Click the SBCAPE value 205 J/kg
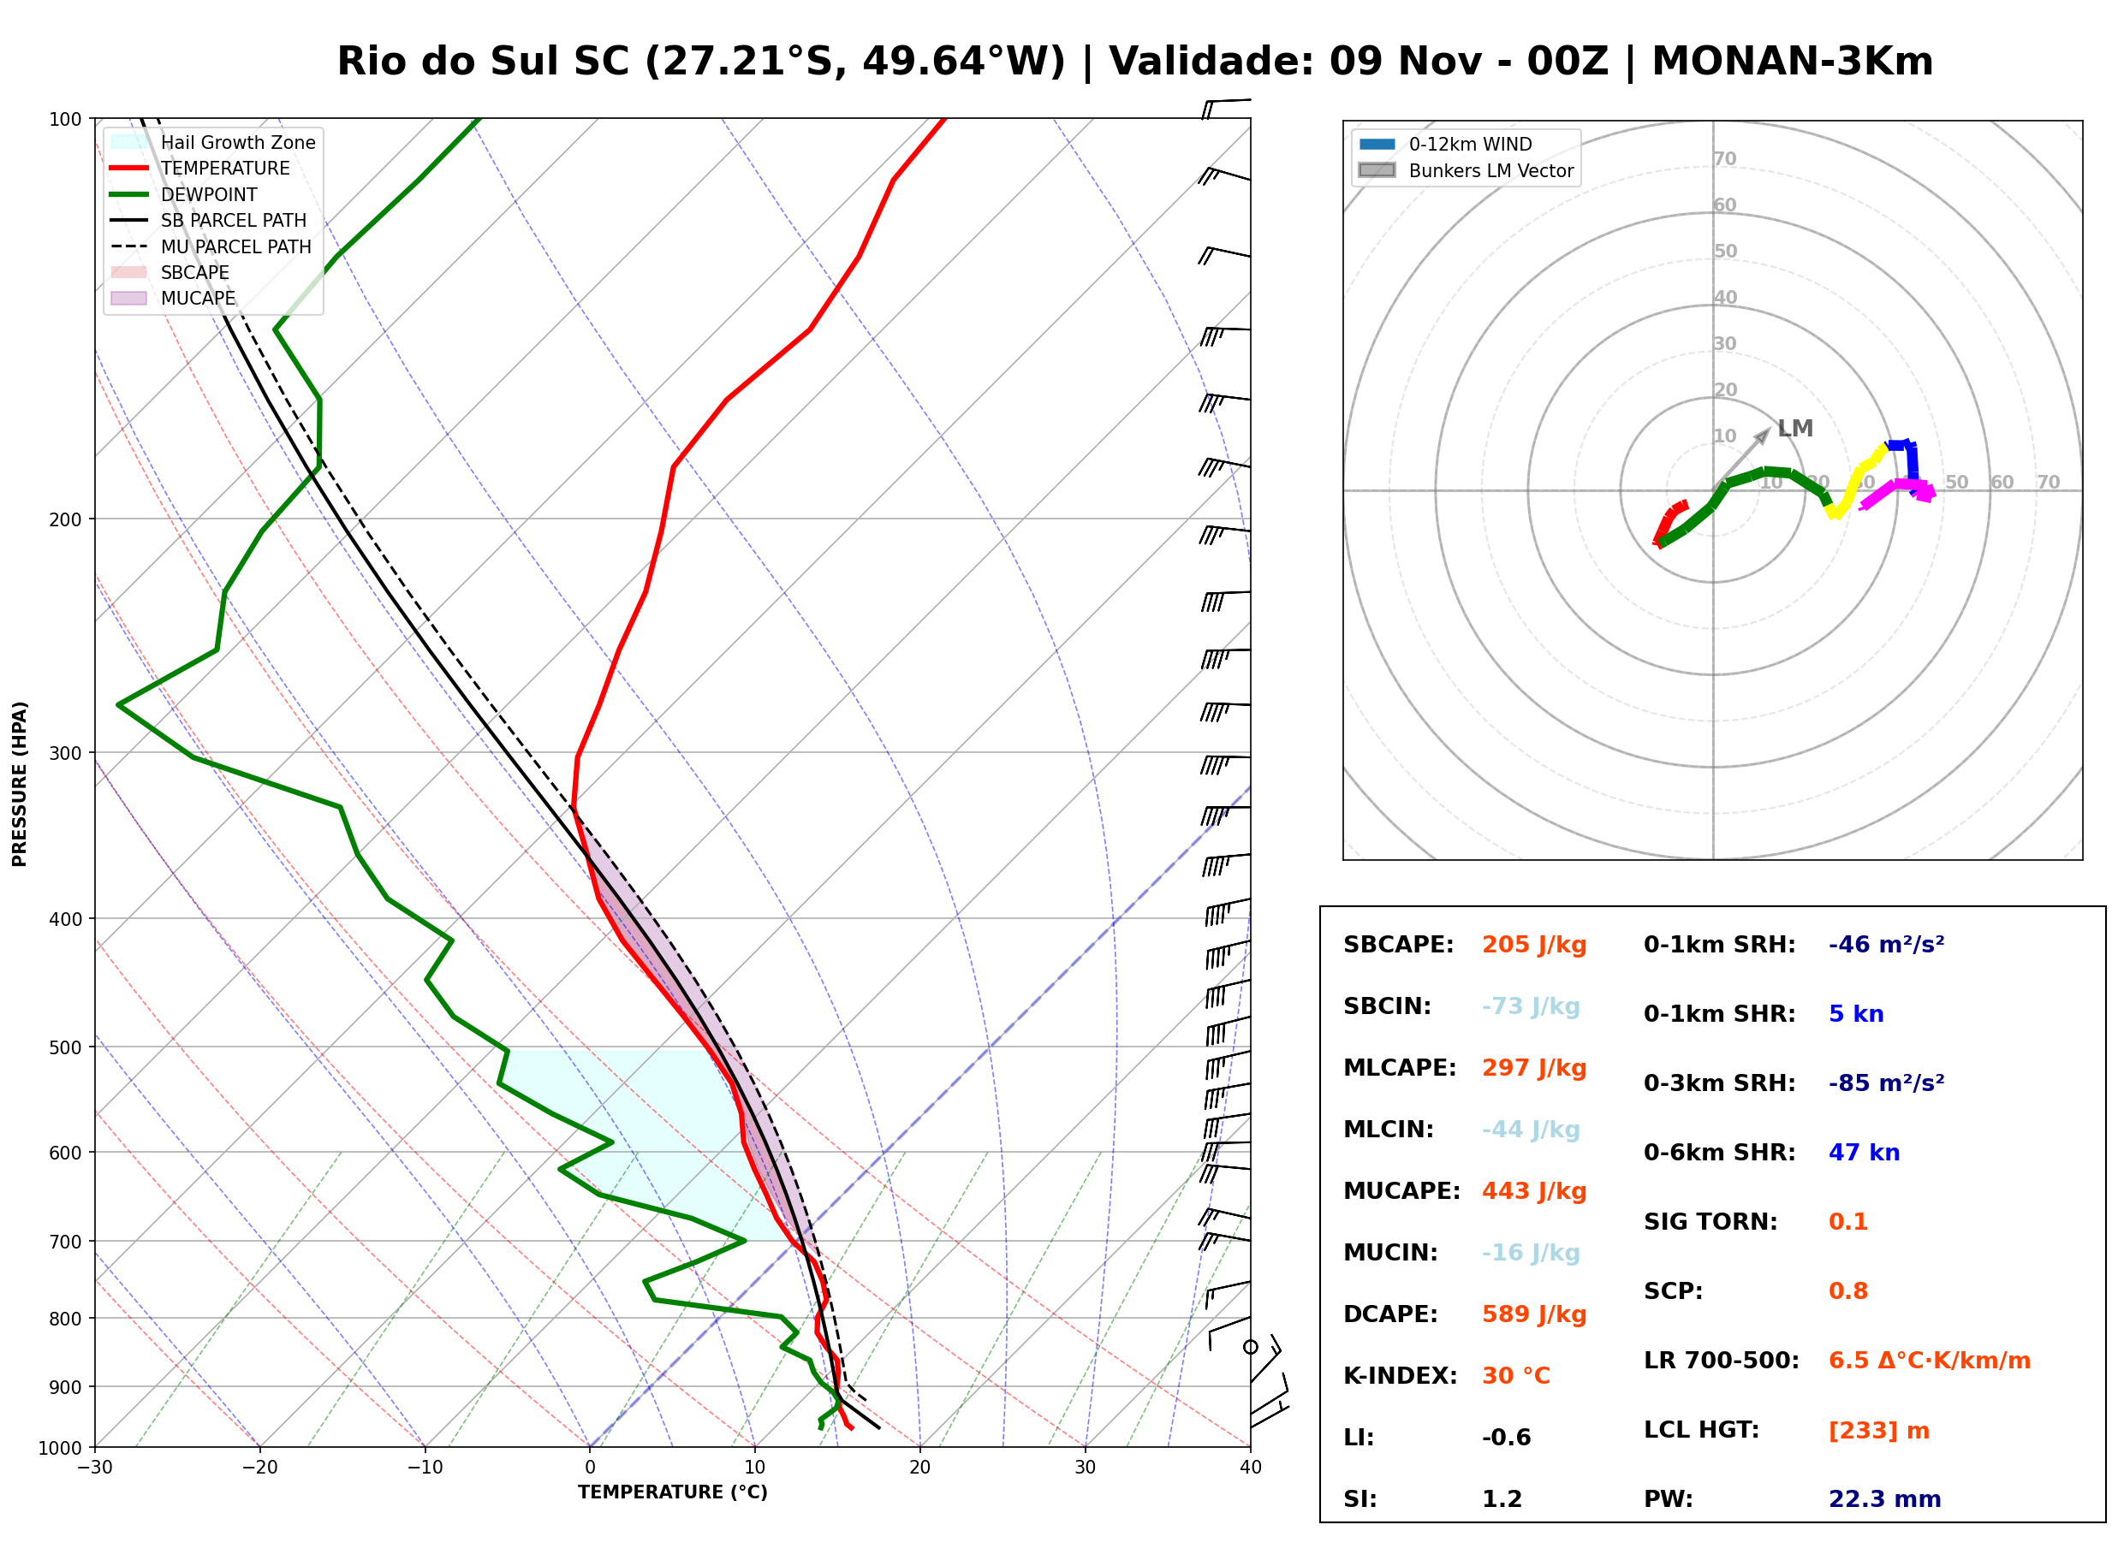pyautogui.click(x=1534, y=945)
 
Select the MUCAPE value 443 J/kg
pyautogui.click(x=1534, y=1191)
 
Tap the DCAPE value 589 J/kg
pyautogui.click(x=1534, y=1314)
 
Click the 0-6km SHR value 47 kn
pyautogui.click(x=1864, y=1153)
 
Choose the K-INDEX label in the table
pyautogui.click(x=1401, y=1376)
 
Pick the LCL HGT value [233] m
pyautogui.click(x=1879, y=1431)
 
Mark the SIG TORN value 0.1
pyautogui.click(x=1847, y=1222)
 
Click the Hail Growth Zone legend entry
pyautogui.click(x=213, y=142)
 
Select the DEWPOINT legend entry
pyautogui.click(x=184, y=194)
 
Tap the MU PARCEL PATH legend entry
pyautogui.click(x=211, y=246)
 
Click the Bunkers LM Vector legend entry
pyautogui.click(x=1467, y=170)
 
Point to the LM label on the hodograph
pyautogui.click(x=1794, y=429)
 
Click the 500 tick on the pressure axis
pyautogui.click(x=68, y=1047)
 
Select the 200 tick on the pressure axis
pyautogui.click(x=68, y=519)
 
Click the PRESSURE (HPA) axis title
pyautogui.click(x=20, y=784)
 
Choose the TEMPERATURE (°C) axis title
pyautogui.click(x=673, y=1493)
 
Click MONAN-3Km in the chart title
pyautogui.click(x=1792, y=61)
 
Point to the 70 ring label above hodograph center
pyautogui.click(x=1724, y=159)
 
